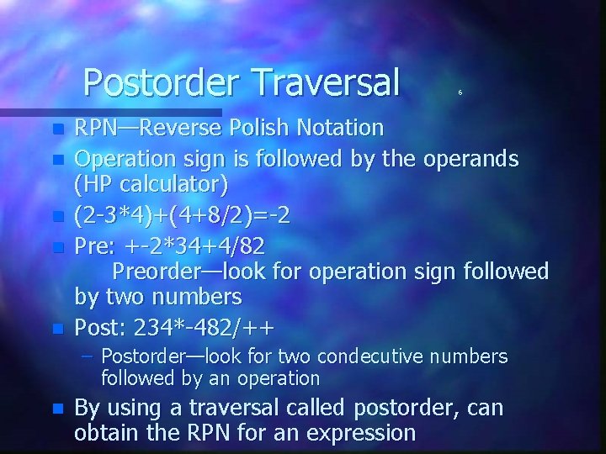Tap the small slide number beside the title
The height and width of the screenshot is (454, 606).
click(x=460, y=92)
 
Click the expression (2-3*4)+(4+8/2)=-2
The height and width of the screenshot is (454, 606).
click(x=183, y=216)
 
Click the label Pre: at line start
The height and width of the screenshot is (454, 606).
click(x=96, y=245)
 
